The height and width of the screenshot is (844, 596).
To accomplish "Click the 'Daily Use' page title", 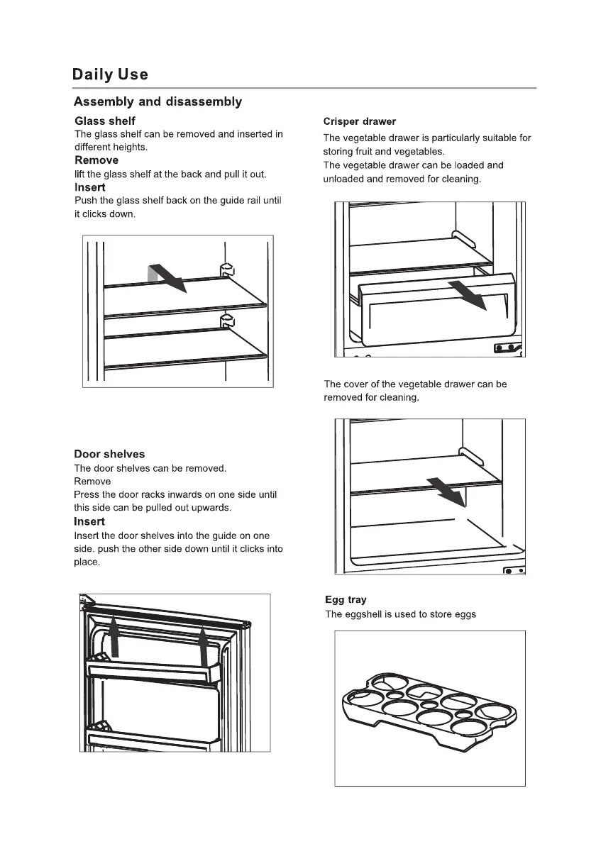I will tap(111, 74).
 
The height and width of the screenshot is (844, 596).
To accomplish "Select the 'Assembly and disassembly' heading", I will tap(158, 101).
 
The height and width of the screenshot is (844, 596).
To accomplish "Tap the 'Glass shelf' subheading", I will tap(105, 121).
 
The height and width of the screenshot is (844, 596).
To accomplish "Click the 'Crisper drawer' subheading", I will tap(359, 121).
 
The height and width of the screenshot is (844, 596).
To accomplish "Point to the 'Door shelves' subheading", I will tap(109, 454).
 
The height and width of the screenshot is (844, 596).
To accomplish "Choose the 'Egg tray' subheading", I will tap(346, 600).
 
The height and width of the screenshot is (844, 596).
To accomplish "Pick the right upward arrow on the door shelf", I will tap(204, 643).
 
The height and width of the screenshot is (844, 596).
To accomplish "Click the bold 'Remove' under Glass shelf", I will tap(96, 160).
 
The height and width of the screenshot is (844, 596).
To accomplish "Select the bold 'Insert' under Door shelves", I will tap(89, 522).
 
